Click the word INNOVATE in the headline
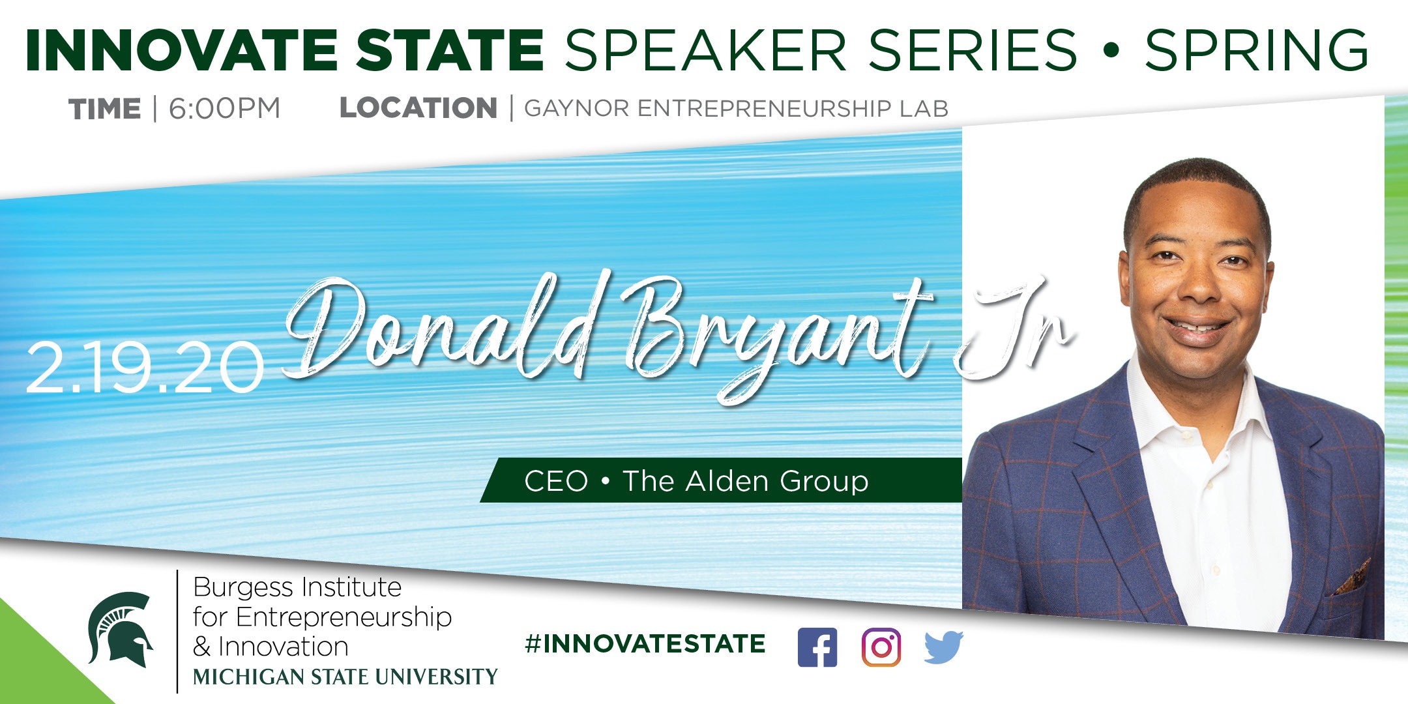pos(181,50)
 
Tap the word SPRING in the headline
pos(1256,50)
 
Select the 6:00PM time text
pos(225,108)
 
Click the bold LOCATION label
pos(418,108)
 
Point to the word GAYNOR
pos(577,108)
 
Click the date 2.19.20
pos(145,368)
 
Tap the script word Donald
pos(440,326)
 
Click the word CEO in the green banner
pos(556,481)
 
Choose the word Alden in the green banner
pos(726,480)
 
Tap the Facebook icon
pos(817,647)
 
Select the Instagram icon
pos(881,647)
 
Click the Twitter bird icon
pos(943,647)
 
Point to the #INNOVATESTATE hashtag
pos(645,644)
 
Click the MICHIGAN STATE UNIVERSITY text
pos(345,677)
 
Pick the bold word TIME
pos(104,109)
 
